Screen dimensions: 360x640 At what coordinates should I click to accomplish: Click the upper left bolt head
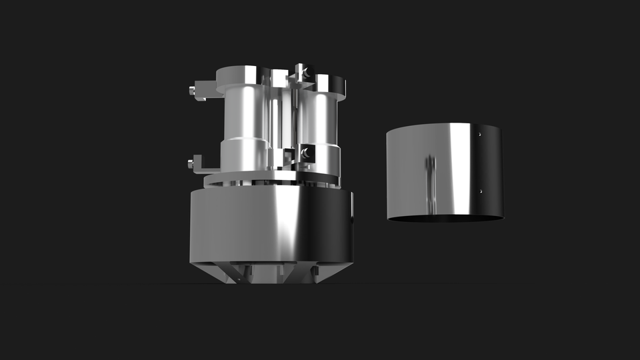pyautogui.click(x=193, y=91)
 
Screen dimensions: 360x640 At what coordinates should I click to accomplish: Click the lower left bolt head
pyautogui.click(x=192, y=162)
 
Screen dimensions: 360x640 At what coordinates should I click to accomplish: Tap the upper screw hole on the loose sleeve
pyautogui.click(x=479, y=134)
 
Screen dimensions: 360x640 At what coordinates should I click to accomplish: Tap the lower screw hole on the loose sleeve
pyautogui.click(x=481, y=191)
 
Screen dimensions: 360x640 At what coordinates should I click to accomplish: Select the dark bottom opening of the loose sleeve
pyautogui.click(x=445, y=218)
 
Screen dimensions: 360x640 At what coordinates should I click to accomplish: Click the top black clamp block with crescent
pyautogui.click(x=301, y=71)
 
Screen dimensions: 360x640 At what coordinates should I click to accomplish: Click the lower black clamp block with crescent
pyautogui.click(x=307, y=153)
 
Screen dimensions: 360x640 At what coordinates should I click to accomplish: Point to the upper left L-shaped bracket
pyautogui.click(x=205, y=89)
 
